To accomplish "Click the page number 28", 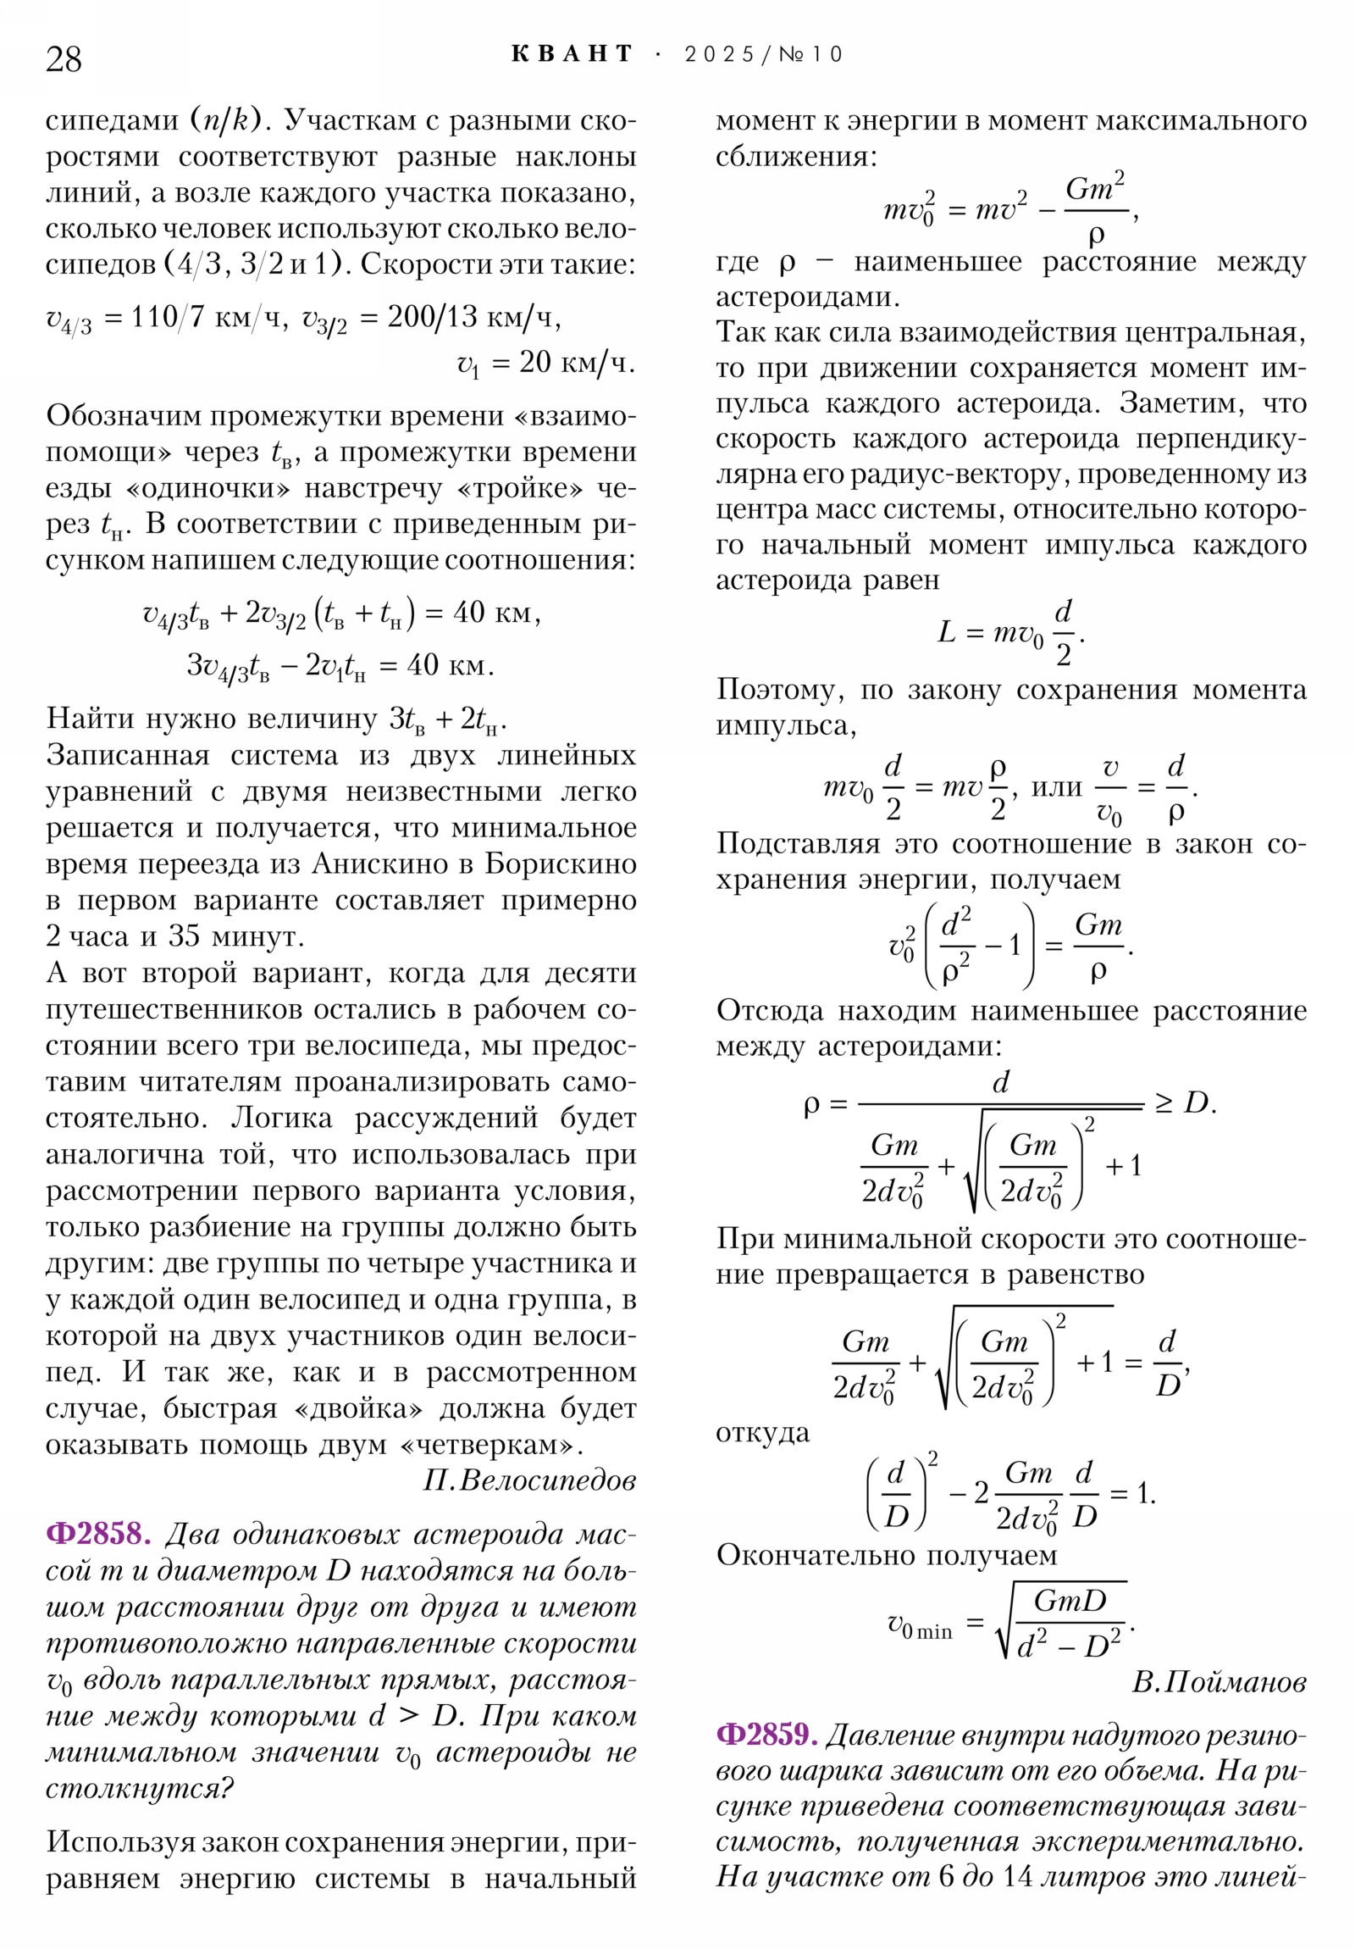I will click(64, 59).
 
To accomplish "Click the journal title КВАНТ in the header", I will click(572, 54).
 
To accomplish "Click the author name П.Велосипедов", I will click(529, 1480).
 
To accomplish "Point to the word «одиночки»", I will click(207, 488).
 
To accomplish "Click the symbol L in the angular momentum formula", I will click(946, 632).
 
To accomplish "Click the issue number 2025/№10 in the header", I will click(763, 54).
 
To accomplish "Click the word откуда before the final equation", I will click(762, 1433).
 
